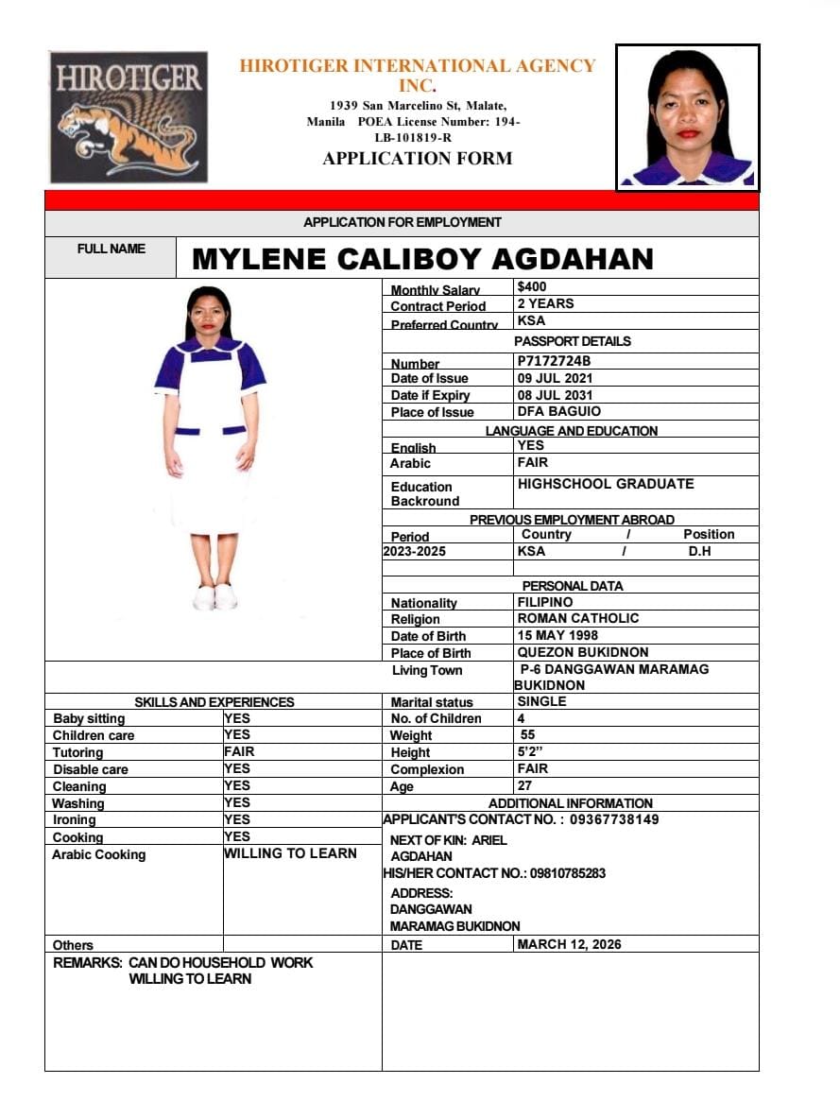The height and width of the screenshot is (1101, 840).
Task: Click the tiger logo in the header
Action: (129, 116)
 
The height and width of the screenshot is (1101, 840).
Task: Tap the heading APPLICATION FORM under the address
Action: (418, 158)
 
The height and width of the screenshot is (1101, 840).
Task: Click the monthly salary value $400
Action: (532, 286)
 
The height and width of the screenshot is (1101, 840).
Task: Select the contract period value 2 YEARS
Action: (545, 303)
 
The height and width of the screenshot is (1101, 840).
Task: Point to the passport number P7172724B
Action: (554, 361)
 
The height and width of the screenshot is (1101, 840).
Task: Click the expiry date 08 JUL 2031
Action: (557, 395)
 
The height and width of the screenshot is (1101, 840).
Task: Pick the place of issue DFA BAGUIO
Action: (558, 411)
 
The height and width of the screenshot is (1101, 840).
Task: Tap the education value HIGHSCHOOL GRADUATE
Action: (606, 484)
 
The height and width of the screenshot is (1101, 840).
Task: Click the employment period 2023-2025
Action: (415, 551)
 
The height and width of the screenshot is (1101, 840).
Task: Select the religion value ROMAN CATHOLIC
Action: (578, 618)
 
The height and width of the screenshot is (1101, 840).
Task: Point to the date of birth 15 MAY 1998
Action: (557, 635)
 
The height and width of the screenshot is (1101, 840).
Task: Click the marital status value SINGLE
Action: (541, 701)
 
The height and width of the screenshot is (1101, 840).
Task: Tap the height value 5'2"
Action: (530, 752)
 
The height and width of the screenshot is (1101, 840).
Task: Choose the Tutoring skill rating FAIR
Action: (239, 751)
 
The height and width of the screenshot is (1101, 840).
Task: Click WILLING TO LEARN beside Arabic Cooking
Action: (290, 852)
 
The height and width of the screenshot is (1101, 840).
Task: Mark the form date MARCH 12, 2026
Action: (569, 944)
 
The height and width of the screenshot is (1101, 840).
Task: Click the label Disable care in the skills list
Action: (90, 769)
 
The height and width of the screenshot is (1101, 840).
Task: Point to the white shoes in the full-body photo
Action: (214, 597)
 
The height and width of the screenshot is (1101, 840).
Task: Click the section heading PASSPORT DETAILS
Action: (572, 341)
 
